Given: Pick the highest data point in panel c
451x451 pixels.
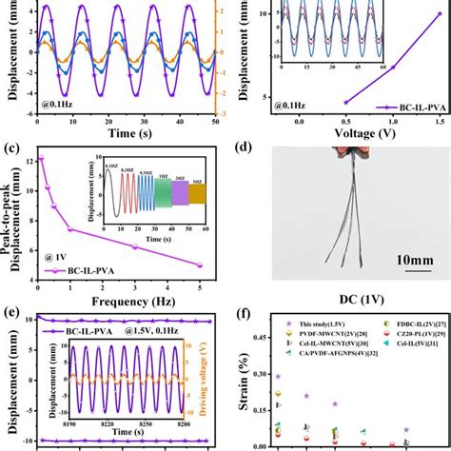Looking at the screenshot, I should coord(41,158).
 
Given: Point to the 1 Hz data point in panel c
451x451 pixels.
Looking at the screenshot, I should coord(70,228).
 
